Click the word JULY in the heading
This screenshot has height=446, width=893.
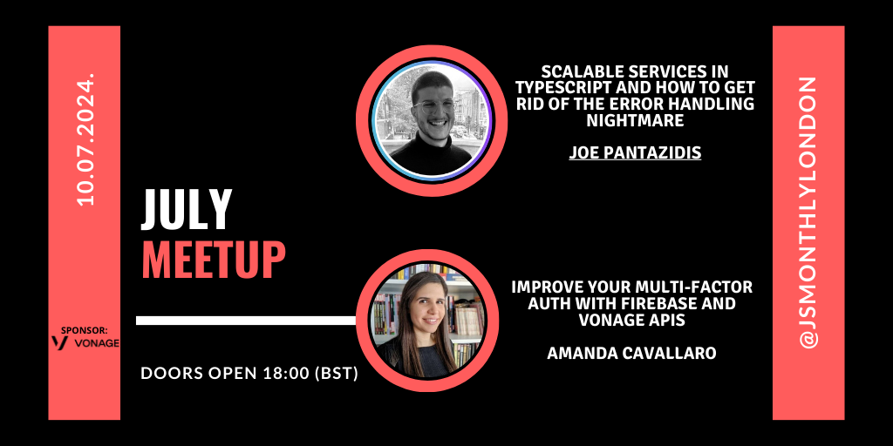187,209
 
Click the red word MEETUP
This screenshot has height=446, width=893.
213,259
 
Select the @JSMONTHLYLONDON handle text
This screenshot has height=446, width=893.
808,213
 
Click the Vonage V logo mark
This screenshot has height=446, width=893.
59,342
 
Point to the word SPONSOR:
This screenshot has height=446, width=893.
84,330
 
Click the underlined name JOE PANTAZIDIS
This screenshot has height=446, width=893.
635,152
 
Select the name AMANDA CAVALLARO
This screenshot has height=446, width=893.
631,354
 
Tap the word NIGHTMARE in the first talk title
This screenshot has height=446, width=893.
635,120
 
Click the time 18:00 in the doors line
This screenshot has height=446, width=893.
286,374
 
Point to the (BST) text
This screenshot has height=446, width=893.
336,374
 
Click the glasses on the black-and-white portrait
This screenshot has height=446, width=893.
433,105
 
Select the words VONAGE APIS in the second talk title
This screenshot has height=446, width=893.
631,321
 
